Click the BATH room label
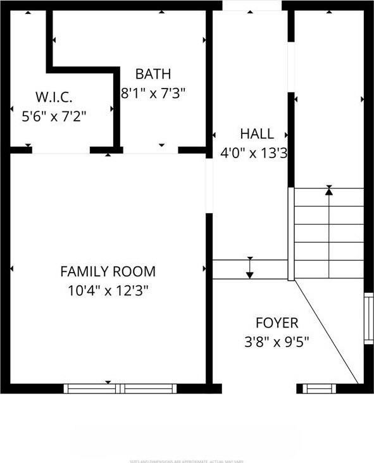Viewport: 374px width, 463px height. pyautogui.click(x=153, y=74)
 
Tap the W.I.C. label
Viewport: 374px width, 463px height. pyautogui.click(x=53, y=97)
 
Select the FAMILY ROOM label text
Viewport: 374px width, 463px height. pyautogui.click(x=108, y=271)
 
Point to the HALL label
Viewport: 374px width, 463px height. pyautogui.click(x=257, y=133)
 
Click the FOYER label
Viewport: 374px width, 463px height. pyautogui.click(x=277, y=323)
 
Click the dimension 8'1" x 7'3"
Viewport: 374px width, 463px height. pyautogui.click(x=153, y=93)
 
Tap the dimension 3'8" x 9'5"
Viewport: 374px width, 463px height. pyautogui.click(x=277, y=342)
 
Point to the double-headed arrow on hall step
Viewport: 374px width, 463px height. pyautogui.click(x=250, y=268)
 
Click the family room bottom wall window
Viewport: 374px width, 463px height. pyautogui.click(x=120, y=388)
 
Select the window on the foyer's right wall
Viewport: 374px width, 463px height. pyautogui.click(x=368, y=318)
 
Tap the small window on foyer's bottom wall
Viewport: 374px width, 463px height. pyautogui.click(x=320, y=388)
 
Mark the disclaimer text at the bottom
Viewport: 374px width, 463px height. pyautogui.click(x=187, y=460)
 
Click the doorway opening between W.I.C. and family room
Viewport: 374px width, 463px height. pyautogui.click(x=61, y=151)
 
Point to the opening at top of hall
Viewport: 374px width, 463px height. pyautogui.click(x=252, y=5)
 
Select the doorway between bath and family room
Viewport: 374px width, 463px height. pyautogui.click(x=151, y=151)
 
